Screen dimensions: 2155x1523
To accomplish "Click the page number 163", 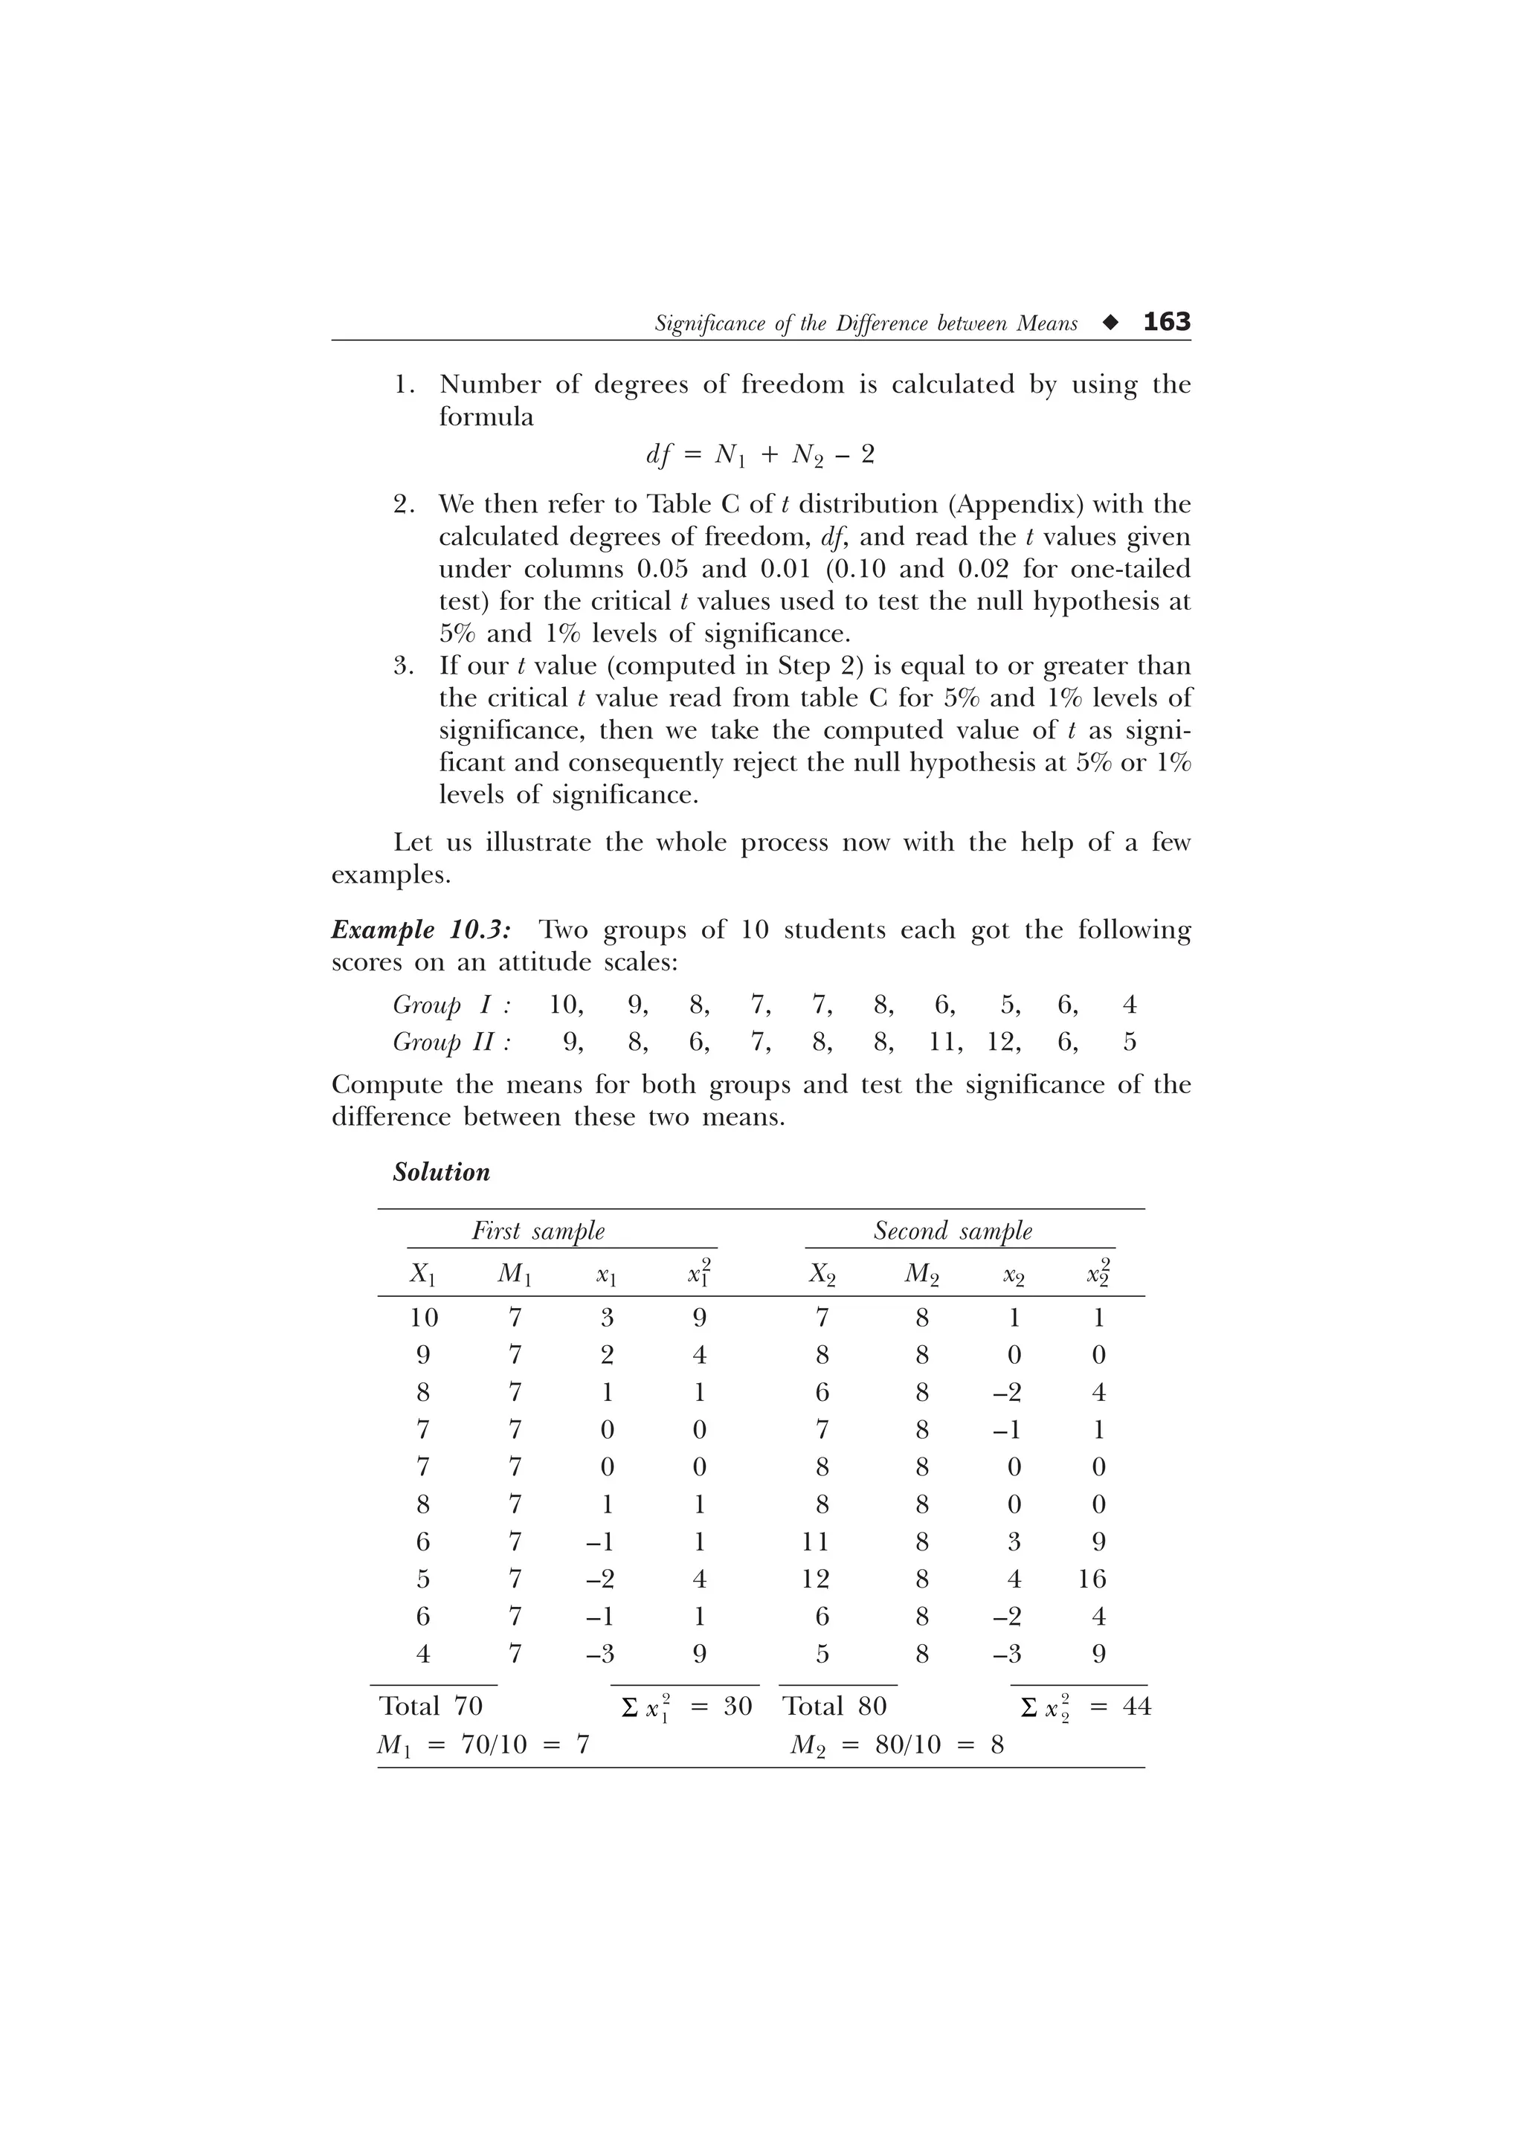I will point(1166,322).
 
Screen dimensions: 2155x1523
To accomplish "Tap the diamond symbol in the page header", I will point(1110,323).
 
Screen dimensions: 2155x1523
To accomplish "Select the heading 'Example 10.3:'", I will point(422,930).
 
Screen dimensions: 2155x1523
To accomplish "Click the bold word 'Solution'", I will point(441,1172).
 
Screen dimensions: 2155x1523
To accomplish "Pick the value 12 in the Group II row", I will point(1003,1042).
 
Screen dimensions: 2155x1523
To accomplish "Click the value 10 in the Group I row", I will point(565,1005).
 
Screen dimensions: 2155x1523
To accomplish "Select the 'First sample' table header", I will point(538,1231).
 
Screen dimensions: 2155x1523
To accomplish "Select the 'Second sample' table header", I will point(953,1231).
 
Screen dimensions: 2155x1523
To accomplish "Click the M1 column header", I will point(514,1275).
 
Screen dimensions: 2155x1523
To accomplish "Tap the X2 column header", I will point(822,1275).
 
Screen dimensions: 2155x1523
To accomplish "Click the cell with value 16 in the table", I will point(1092,1579).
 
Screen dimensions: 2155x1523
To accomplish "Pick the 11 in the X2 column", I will point(816,1542).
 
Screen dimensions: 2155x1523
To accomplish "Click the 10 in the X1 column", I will point(423,1318).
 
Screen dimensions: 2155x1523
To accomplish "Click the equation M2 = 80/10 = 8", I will point(896,1745).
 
